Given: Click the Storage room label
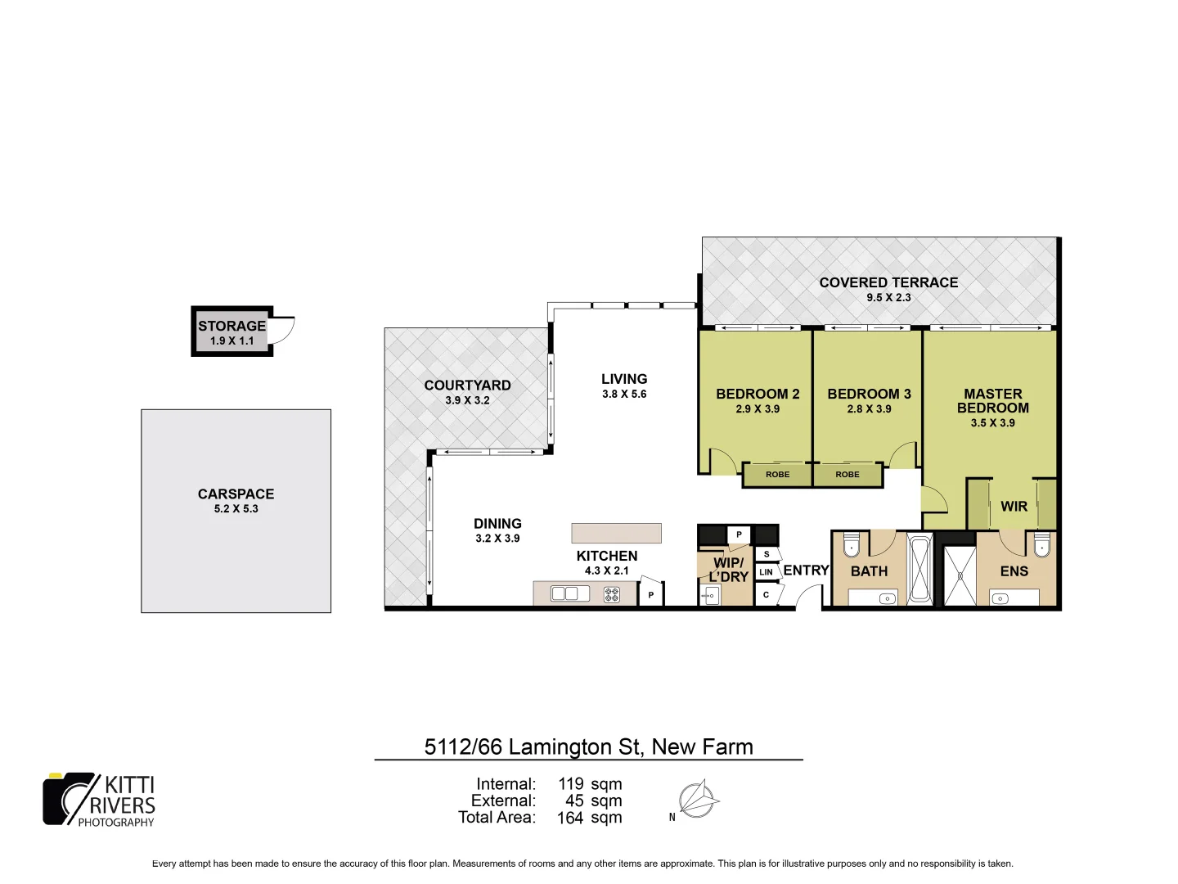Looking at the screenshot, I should click(232, 326).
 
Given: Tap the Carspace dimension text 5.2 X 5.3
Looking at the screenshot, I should click(236, 508).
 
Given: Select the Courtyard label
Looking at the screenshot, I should click(467, 386).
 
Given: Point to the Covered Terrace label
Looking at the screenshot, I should click(888, 282).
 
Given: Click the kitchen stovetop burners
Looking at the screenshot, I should click(612, 594).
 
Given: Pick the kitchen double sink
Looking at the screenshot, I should click(564, 593).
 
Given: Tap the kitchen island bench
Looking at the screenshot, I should click(616, 533).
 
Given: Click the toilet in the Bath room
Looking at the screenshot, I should click(852, 544).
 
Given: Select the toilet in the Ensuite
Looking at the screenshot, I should click(1041, 544).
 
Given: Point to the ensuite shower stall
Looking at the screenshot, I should click(960, 575).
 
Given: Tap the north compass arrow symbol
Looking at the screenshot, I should click(697, 800).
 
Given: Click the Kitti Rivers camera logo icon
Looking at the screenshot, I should click(70, 798).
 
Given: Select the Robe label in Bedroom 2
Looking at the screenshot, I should click(777, 475).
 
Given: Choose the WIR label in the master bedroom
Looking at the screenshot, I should click(1014, 507).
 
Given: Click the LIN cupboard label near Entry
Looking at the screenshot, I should click(766, 571).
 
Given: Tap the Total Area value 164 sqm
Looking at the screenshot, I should click(589, 818).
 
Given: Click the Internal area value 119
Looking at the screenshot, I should click(571, 784).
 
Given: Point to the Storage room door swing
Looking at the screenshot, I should click(283, 330).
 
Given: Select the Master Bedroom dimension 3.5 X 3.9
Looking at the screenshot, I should click(992, 423).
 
